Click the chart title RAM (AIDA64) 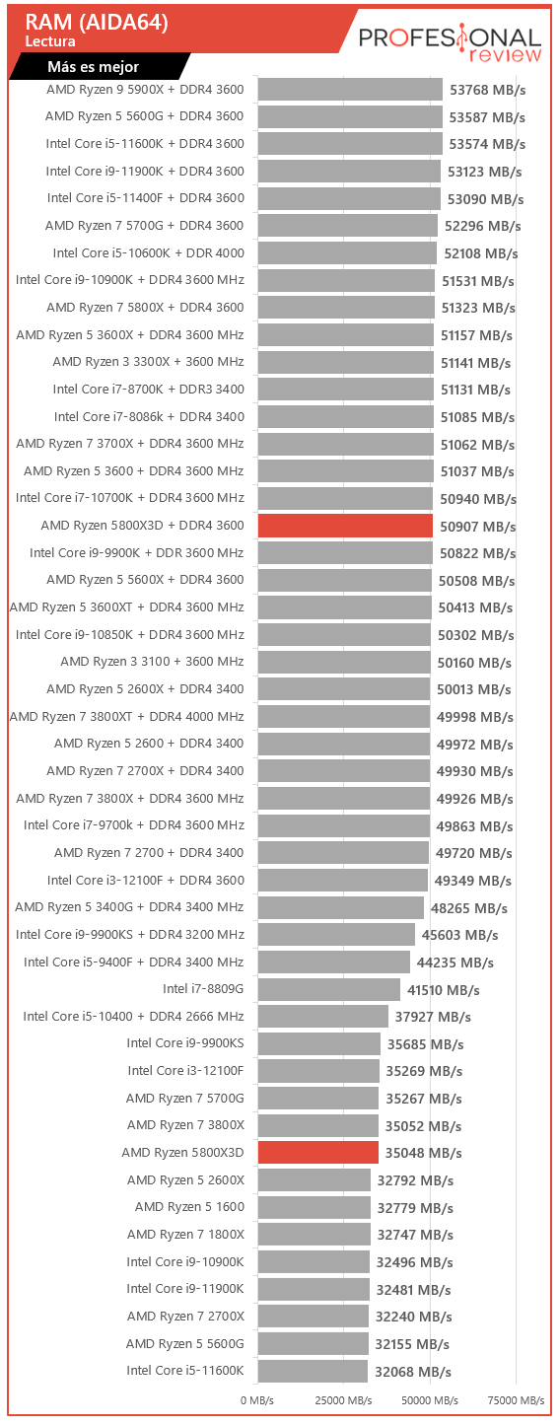[x=97, y=23]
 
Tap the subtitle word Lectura [x=50, y=41]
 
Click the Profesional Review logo [x=450, y=42]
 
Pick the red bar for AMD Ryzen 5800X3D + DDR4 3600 [x=345, y=526]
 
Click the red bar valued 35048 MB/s [x=318, y=1152]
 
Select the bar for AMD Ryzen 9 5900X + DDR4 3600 [x=350, y=90]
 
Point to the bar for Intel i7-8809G [x=329, y=989]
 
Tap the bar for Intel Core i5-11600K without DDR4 [x=313, y=1371]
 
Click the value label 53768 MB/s [x=488, y=90]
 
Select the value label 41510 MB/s [x=443, y=990]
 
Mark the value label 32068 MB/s [x=412, y=1372]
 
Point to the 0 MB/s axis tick [x=257, y=1400]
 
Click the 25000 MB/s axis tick [x=343, y=1400]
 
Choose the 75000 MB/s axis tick [x=516, y=1400]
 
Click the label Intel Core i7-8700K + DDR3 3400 [x=148, y=389]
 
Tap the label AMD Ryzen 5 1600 [x=189, y=1206]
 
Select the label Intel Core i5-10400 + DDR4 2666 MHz [x=134, y=1016]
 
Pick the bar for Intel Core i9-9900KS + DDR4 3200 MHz [x=336, y=935]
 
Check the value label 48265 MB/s [x=469, y=908]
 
